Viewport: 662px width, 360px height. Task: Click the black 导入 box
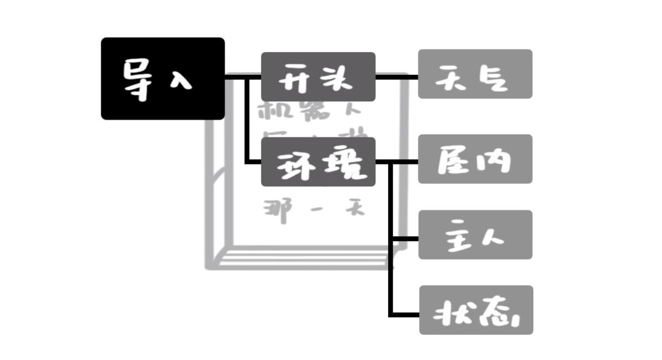coord(162,79)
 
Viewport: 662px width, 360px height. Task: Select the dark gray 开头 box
coord(318,77)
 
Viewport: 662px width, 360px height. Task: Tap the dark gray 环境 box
coord(318,162)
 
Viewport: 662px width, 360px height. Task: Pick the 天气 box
coord(475,74)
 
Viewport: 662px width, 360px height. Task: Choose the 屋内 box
coord(475,159)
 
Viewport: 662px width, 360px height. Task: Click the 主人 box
coord(475,235)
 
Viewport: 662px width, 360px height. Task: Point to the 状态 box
coord(476,310)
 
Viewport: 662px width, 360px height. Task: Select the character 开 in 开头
coord(295,78)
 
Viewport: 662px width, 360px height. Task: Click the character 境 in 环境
coord(343,164)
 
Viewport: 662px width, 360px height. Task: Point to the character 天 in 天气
coord(455,78)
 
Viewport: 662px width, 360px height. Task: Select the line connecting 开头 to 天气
coord(397,77)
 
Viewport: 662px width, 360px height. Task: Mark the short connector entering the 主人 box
coord(405,237)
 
